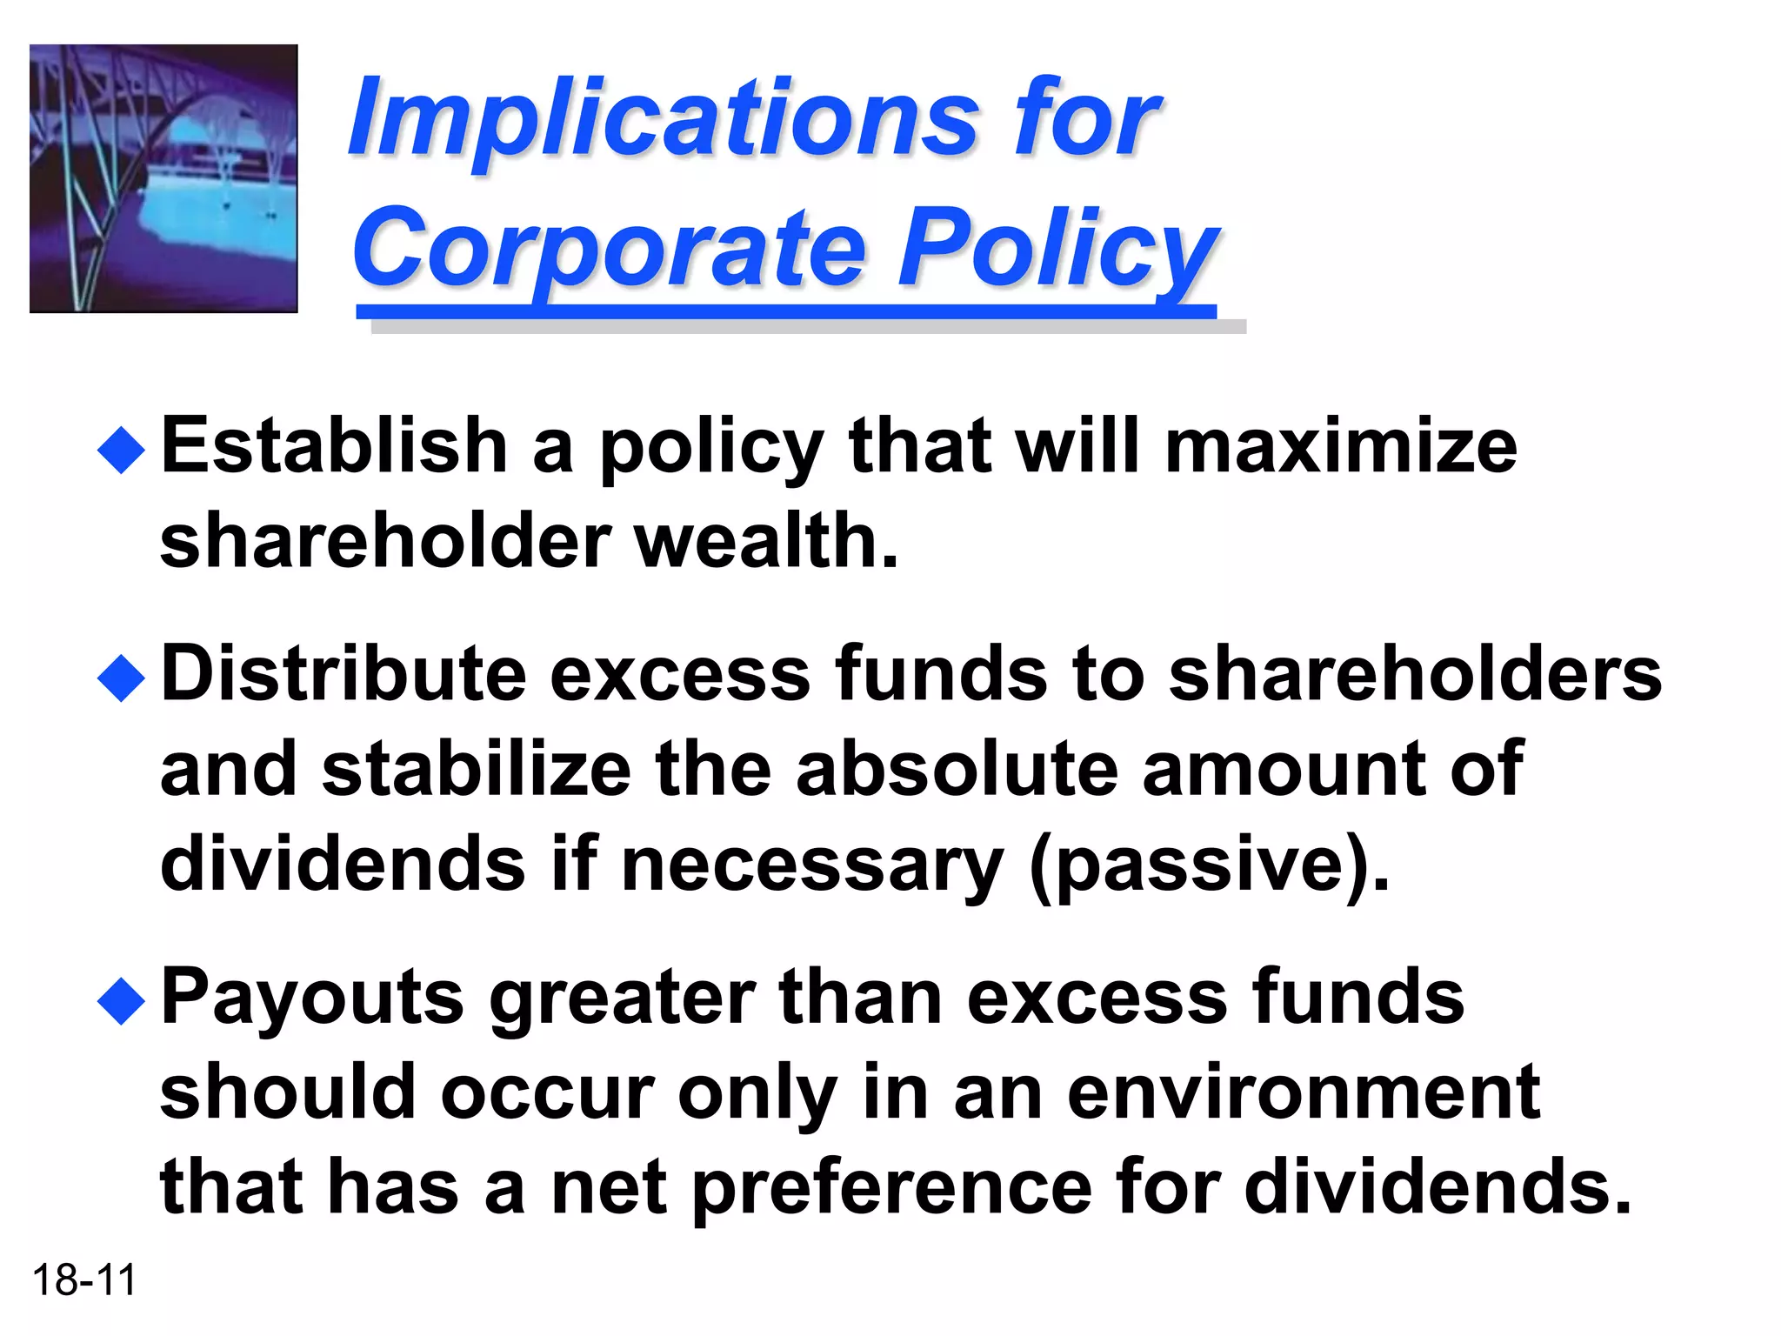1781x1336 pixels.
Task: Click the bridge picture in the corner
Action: [163, 178]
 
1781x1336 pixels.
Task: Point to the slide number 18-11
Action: [84, 1280]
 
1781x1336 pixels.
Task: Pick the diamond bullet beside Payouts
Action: [121, 1001]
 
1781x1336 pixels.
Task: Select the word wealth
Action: [766, 542]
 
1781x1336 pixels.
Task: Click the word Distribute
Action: [344, 675]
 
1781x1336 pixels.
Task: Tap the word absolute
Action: [957, 771]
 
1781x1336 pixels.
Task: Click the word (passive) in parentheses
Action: [1209, 866]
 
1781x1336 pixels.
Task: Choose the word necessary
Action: [812, 866]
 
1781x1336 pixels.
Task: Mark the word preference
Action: [892, 1188]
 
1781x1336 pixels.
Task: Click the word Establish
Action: [335, 447]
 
